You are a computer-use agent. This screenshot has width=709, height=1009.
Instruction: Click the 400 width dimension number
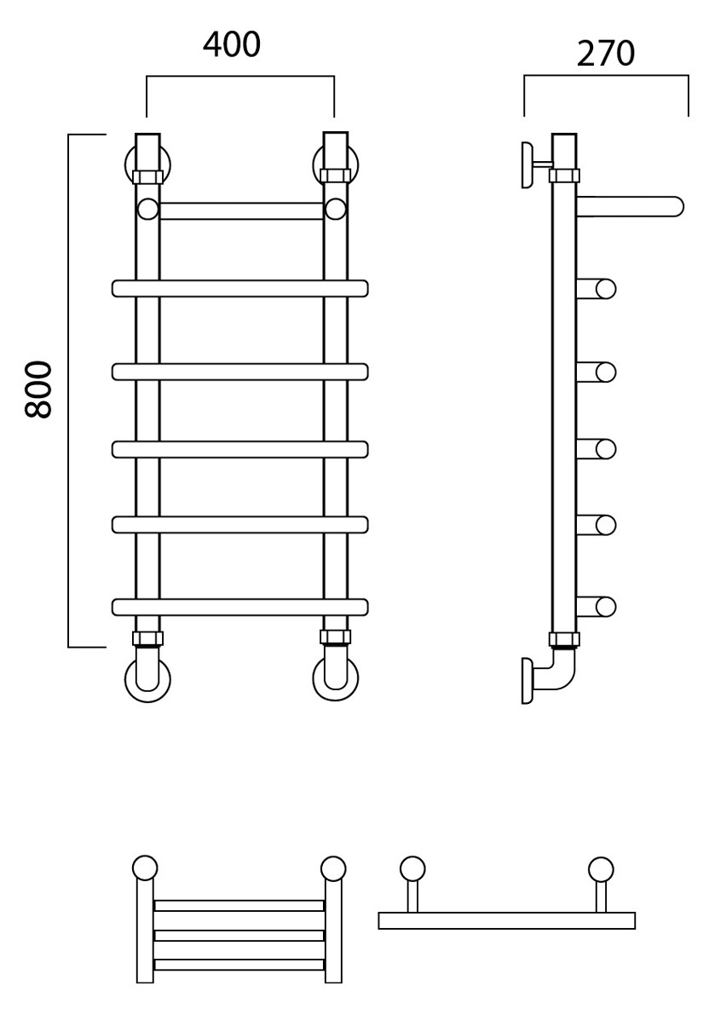tap(232, 44)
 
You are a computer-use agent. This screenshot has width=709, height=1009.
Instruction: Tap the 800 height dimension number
tap(38, 390)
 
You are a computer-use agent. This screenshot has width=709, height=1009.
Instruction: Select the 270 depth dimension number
tap(605, 54)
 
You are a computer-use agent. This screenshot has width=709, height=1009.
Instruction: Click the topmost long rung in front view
tap(240, 288)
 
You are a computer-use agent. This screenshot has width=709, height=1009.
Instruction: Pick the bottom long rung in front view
tap(240, 607)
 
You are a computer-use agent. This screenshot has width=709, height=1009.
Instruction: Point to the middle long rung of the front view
tap(240, 448)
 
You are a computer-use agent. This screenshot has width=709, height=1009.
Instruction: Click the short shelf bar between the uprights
tap(240, 210)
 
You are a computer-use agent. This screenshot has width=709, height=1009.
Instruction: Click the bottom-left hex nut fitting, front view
tap(147, 638)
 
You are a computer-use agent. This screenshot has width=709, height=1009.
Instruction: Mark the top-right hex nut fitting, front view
tap(335, 175)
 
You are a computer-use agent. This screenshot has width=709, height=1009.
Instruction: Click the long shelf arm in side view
tap(630, 207)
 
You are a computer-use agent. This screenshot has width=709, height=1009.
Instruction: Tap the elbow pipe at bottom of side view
tap(557, 672)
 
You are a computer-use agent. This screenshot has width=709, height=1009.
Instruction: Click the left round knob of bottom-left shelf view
tap(145, 868)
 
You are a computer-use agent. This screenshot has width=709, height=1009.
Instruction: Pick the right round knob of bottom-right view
tap(601, 869)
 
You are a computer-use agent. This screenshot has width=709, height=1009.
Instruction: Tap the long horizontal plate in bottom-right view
tap(507, 920)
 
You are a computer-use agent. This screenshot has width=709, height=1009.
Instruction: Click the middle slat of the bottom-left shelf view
tap(239, 936)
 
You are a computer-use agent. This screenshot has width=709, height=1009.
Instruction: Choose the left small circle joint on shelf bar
tap(147, 210)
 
